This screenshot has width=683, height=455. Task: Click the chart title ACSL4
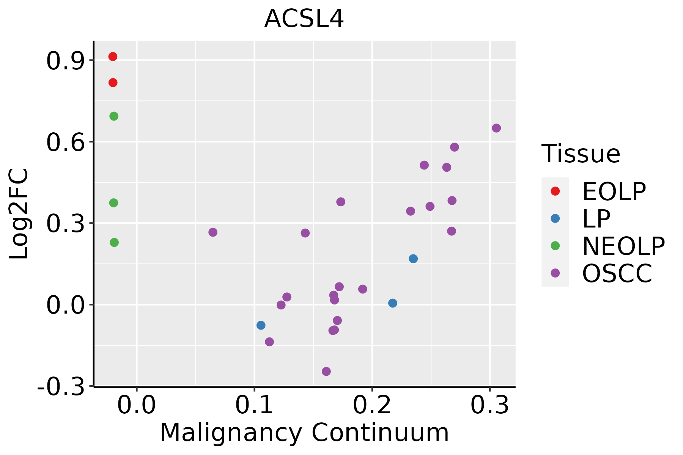pyautogui.click(x=304, y=19)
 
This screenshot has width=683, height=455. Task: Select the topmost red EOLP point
pyautogui.click(x=113, y=56)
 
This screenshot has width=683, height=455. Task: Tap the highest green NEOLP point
pyautogui.click(x=114, y=116)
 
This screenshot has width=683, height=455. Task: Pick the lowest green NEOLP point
pyautogui.click(x=114, y=242)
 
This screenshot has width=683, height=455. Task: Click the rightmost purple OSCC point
pyautogui.click(x=496, y=128)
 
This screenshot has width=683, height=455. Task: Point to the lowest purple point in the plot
pyautogui.click(x=326, y=371)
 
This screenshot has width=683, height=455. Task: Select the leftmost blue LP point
pyautogui.click(x=261, y=325)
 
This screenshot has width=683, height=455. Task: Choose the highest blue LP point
pyautogui.click(x=413, y=259)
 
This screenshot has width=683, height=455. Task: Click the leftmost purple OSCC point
pyautogui.click(x=213, y=232)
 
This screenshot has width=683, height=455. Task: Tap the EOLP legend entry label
pyautogui.click(x=614, y=191)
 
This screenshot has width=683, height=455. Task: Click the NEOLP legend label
pyautogui.click(x=623, y=246)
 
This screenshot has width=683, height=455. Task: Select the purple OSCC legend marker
pyautogui.click(x=555, y=273)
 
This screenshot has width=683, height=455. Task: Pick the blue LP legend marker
pyautogui.click(x=555, y=218)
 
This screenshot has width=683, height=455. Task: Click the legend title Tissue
pyautogui.click(x=581, y=154)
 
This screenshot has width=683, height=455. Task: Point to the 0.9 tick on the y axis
pyautogui.click(x=65, y=61)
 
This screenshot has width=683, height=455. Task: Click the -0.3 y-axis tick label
pyautogui.click(x=61, y=387)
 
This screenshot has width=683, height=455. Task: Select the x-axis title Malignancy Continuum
pyautogui.click(x=304, y=433)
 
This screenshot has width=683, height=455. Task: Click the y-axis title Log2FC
pyautogui.click(x=19, y=214)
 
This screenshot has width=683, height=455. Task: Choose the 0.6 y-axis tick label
pyautogui.click(x=65, y=142)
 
